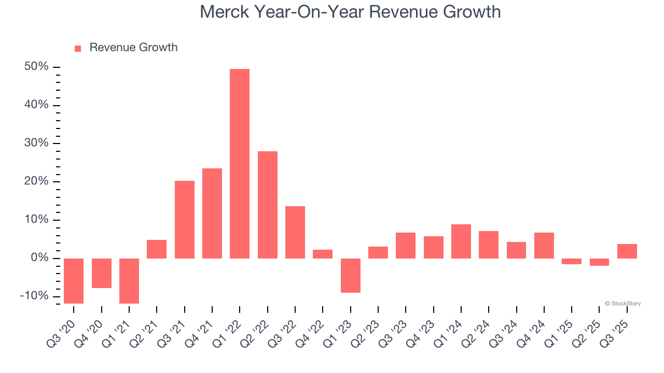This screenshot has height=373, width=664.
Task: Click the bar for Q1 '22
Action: (240, 163)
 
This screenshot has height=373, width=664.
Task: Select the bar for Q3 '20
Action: (74, 281)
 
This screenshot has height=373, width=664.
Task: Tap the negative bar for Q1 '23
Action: (350, 275)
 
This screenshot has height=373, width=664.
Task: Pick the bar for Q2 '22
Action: (267, 205)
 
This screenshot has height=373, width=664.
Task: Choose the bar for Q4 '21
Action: (212, 213)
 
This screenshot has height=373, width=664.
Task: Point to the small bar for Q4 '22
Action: (323, 254)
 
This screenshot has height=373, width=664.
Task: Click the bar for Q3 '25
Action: (627, 251)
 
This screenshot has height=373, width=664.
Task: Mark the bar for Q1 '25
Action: (572, 261)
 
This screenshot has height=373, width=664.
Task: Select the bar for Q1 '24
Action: (461, 241)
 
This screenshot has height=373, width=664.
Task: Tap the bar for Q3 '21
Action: (184, 219)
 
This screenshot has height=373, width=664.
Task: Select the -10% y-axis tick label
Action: (34, 296)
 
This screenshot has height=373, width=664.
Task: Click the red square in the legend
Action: (78, 48)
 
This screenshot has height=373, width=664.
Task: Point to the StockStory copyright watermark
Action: (622, 304)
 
